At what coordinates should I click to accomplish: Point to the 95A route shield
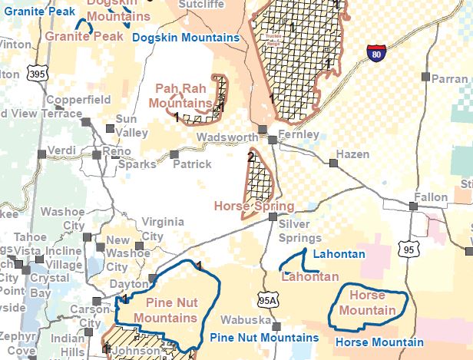(x=264, y=299)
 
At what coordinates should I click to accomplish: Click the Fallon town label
(x=430, y=197)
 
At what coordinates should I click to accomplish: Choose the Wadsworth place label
(x=227, y=137)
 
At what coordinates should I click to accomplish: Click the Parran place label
(x=449, y=79)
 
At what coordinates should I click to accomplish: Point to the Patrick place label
(x=191, y=164)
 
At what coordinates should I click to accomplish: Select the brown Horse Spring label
(x=253, y=206)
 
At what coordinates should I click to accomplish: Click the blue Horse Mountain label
(x=379, y=342)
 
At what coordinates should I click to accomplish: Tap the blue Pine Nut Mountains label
(x=263, y=338)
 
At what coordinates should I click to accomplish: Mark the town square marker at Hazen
(x=333, y=163)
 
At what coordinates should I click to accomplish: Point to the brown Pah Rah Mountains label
(x=181, y=96)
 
